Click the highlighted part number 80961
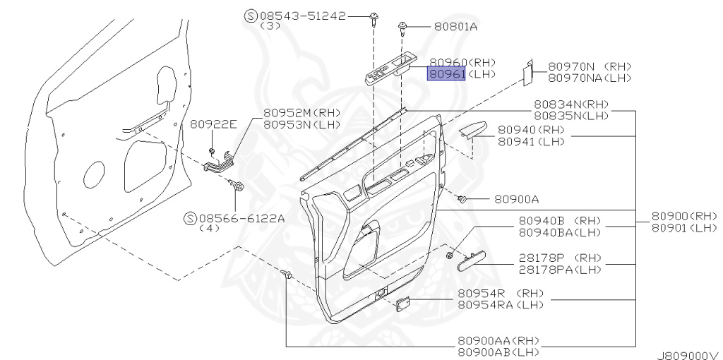point(446,74)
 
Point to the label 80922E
point(213,123)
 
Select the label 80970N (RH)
point(590,66)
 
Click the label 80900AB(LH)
point(498,352)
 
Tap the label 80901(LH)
point(683,227)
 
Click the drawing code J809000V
point(687,354)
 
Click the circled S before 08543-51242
point(251,15)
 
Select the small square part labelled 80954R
point(402,304)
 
